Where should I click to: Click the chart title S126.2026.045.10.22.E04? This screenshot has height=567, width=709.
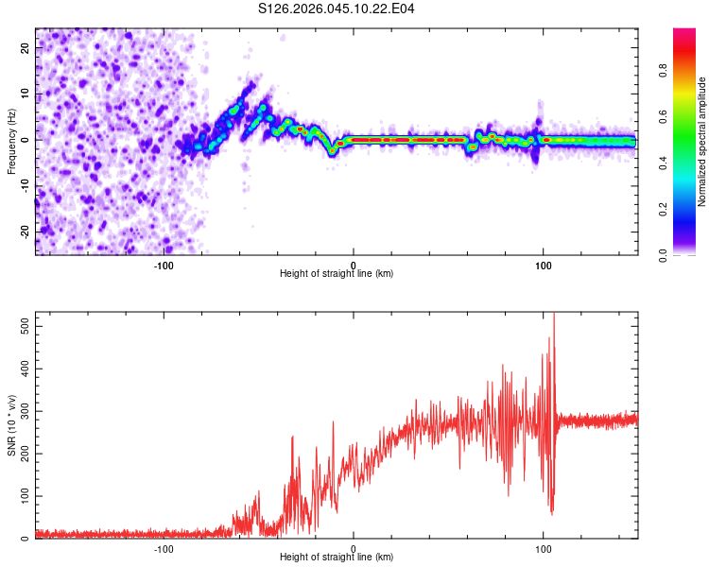(337, 9)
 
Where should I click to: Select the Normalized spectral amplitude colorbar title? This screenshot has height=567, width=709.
(701, 142)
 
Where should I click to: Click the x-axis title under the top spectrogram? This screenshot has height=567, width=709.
(337, 273)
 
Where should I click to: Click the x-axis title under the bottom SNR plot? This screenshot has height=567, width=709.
(337, 557)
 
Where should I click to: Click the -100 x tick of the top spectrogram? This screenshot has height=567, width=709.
(164, 265)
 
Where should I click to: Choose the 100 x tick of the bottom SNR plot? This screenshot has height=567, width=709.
(544, 548)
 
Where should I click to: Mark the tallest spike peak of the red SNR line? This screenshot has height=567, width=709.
(554, 315)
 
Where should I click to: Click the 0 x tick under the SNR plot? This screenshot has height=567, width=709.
(354, 548)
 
